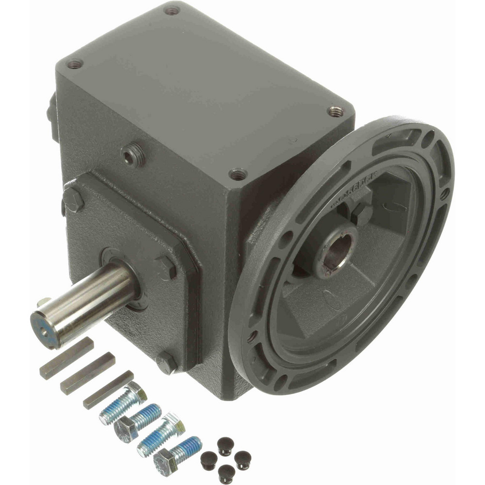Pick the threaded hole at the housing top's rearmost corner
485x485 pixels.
(x=172, y=9)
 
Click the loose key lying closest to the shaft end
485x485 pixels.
(x=66, y=358)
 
